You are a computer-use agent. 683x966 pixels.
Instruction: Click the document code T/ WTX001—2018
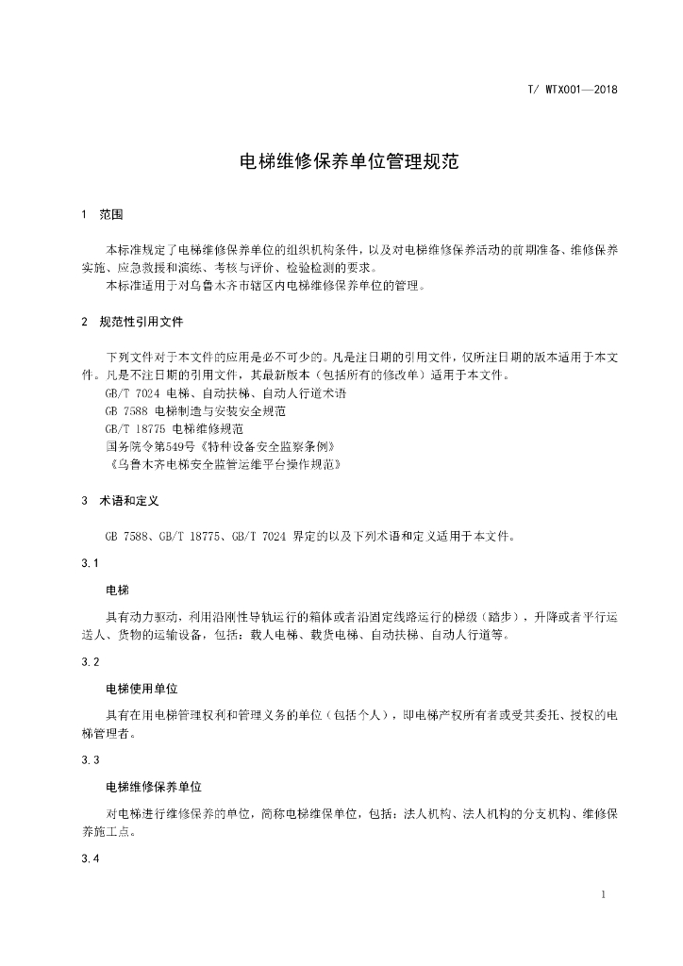pos(572,90)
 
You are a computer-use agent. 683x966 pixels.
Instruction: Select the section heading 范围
pos(111,214)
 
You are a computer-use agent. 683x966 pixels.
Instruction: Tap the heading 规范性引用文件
pos(141,322)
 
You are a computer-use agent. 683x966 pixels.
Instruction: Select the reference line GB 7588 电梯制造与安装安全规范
pos(196,410)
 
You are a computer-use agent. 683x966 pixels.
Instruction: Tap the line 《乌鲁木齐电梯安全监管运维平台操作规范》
pos(224,464)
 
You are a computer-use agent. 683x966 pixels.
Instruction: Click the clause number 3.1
pos(91,563)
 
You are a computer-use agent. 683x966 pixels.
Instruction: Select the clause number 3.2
pos(91,662)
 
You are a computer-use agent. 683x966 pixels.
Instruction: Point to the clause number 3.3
pos(91,760)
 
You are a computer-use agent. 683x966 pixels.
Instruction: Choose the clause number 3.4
pos(91,858)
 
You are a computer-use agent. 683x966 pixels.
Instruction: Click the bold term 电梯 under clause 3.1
pos(117,591)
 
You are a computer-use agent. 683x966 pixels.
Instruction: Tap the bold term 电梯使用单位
pos(142,689)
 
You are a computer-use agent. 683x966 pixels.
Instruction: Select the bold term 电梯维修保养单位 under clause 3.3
pos(154,787)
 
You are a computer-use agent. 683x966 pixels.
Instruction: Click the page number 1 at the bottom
pos(603,893)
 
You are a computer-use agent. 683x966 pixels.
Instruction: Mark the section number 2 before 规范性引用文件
pos(85,322)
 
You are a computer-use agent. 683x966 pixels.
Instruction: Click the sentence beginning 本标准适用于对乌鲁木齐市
pos(266,286)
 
